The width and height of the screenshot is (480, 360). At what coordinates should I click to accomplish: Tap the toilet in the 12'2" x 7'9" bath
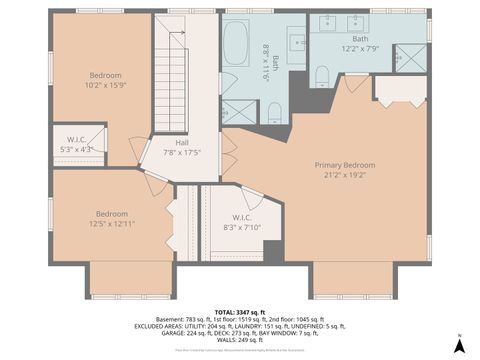(x=322, y=77)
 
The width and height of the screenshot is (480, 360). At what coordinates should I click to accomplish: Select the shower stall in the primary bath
(x=410, y=59)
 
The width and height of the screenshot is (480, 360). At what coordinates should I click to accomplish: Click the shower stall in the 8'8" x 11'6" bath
(x=238, y=110)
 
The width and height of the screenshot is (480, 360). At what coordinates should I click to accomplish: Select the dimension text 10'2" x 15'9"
(x=107, y=85)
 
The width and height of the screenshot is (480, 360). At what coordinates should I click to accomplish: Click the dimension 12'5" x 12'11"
(x=111, y=222)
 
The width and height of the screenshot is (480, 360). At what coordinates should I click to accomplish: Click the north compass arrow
(x=459, y=345)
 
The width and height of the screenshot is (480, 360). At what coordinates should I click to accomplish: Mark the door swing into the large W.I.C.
(x=251, y=197)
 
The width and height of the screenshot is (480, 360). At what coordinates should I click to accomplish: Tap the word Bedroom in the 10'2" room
(x=107, y=76)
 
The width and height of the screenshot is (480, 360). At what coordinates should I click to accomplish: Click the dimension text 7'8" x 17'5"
(x=182, y=152)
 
